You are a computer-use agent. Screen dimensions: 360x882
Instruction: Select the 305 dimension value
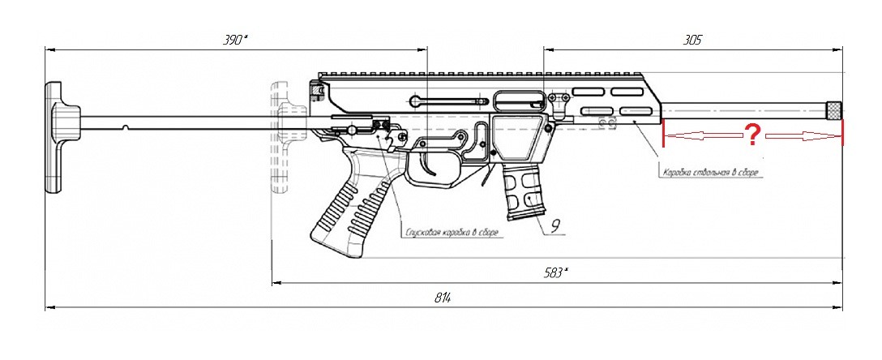pyautogui.click(x=692, y=39)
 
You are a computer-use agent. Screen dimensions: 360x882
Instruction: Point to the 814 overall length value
pyautogui.click(x=441, y=298)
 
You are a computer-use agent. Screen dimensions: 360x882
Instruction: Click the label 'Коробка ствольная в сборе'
pyautogui.click(x=713, y=173)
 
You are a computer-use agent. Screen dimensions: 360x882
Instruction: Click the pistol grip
pyautogui.click(x=345, y=207)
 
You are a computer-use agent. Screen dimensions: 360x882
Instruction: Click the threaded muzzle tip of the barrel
pyautogui.click(x=833, y=109)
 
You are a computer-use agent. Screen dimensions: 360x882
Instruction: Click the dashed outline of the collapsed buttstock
pyautogui.click(x=281, y=138)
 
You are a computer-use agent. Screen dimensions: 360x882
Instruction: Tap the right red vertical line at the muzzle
pyautogui.click(x=842, y=134)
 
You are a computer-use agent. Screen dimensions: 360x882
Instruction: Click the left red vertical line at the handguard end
pyautogui.click(x=664, y=134)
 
